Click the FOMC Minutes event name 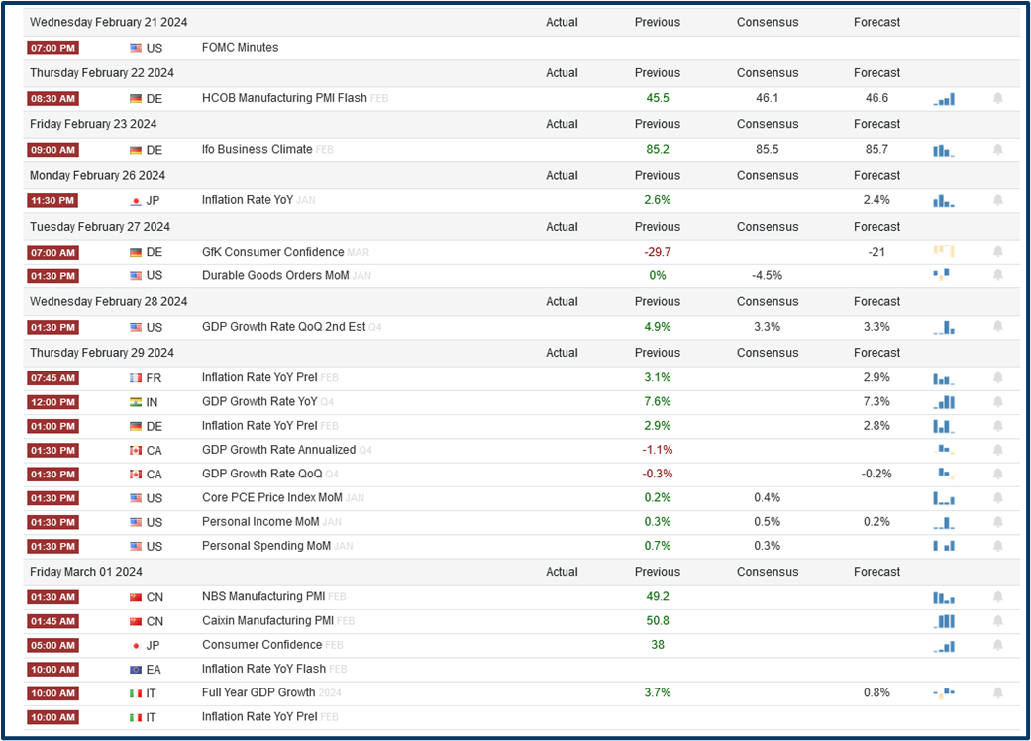240,47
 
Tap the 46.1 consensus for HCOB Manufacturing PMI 767,98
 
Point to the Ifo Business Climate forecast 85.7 876,149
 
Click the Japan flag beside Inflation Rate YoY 136,200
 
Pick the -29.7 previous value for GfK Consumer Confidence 657,252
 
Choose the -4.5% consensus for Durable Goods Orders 767,275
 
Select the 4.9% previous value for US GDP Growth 657,327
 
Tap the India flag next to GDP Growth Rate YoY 136,402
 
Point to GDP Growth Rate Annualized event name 278,450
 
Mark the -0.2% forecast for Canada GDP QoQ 876,474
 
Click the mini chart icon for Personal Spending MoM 943,546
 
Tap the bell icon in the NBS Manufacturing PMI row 997,596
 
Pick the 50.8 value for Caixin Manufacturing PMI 657,621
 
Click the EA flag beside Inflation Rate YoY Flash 136,670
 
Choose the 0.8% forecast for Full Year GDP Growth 876,692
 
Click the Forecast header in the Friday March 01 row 876,572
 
